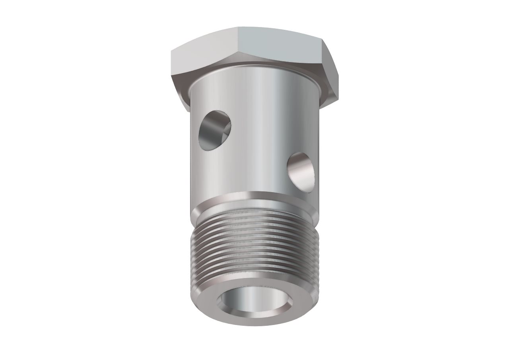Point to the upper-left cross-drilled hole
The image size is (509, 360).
pyautogui.click(x=215, y=130)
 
